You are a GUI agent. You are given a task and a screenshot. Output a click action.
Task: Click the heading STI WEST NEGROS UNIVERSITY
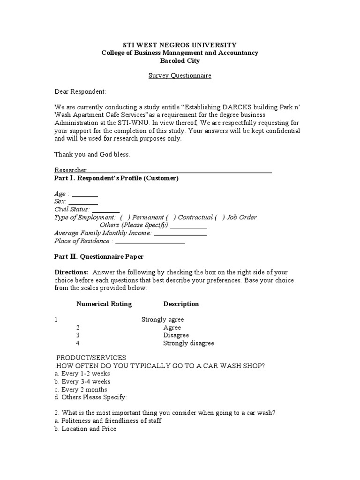point(180,45)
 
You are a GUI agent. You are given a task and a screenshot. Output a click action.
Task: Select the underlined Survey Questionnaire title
point(180,75)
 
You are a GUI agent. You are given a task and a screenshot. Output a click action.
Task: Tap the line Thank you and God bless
point(92,154)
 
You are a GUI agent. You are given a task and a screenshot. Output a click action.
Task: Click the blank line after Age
point(85,195)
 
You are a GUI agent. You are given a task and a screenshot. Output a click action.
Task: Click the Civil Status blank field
point(109,210)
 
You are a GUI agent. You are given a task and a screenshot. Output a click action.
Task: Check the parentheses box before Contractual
point(171,217)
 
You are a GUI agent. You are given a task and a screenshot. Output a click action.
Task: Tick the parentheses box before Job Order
point(220,217)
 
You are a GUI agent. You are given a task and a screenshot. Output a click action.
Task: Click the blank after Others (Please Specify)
point(188,225)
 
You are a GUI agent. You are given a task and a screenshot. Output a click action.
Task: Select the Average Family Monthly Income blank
point(180,233)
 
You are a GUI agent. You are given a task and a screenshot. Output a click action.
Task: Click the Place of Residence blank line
point(150,241)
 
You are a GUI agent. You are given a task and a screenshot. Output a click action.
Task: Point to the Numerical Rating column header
point(104,304)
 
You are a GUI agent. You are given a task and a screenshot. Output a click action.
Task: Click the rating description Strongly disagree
point(188,343)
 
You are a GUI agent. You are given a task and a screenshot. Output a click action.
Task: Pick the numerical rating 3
point(78,335)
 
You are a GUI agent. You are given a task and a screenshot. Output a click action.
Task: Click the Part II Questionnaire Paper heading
point(99,257)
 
